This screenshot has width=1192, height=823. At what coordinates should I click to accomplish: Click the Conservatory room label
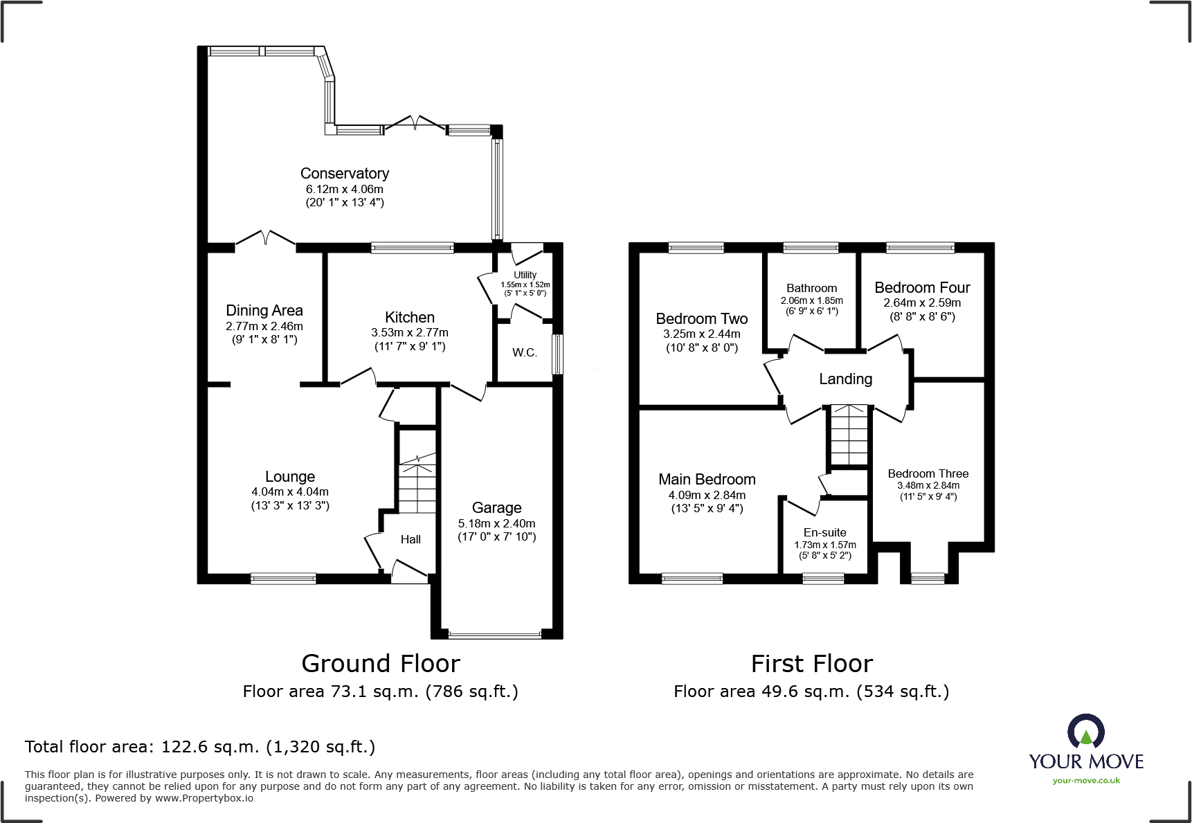click(x=344, y=173)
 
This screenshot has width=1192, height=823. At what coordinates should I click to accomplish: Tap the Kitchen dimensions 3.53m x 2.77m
click(x=409, y=333)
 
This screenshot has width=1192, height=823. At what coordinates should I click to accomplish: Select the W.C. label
click(x=525, y=353)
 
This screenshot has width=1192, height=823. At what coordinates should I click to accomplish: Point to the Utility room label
click(x=525, y=275)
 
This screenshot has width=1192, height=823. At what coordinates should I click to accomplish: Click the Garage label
click(x=496, y=507)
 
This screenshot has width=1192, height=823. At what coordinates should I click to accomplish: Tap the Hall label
click(x=410, y=539)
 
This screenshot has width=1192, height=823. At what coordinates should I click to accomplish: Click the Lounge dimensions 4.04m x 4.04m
click(x=290, y=492)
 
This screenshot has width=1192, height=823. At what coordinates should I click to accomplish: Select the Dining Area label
click(x=264, y=310)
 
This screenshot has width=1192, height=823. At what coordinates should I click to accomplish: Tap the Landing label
click(x=845, y=379)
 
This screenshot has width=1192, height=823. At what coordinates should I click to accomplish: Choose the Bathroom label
click(x=811, y=288)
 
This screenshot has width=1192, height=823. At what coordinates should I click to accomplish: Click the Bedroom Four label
click(x=922, y=287)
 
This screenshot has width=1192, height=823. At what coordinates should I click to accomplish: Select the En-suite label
click(x=824, y=532)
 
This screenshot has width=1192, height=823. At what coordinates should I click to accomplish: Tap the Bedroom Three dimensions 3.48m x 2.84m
click(x=928, y=485)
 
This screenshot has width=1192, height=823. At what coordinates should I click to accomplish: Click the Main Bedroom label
click(x=707, y=479)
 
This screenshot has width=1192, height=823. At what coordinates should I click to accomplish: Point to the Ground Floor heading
click(x=381, y=664)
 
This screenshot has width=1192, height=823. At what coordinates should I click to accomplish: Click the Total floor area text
click(x=200, y=747)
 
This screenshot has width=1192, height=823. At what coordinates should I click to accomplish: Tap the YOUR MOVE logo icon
click(x=1085, y=731)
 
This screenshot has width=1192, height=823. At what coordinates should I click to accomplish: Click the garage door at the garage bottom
click(x=495, y=633)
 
